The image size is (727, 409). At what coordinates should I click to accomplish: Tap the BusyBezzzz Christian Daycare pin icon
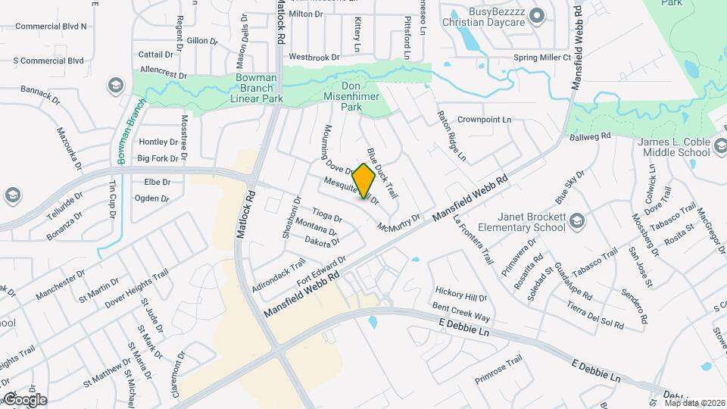(x=537, y=15)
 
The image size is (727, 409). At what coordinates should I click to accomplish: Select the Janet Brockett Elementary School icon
(x=576, y=220)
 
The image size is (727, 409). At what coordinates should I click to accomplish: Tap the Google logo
(x=24, y=399)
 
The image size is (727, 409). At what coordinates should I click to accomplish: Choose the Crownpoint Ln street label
(x=485, y=120)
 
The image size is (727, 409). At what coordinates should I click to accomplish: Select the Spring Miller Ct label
(x=541, y=58)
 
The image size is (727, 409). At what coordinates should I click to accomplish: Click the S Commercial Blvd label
(x=48, y=60)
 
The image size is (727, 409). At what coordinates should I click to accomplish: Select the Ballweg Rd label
(x=589, y=136)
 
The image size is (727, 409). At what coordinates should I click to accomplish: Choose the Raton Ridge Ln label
(x=451, y=136)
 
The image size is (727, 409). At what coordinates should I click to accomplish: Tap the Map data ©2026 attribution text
(x=694, y=402)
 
